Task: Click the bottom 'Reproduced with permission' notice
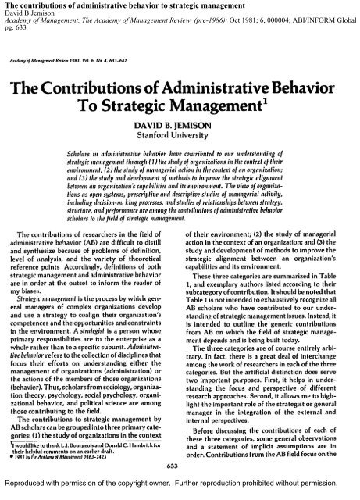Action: [180, 492]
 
